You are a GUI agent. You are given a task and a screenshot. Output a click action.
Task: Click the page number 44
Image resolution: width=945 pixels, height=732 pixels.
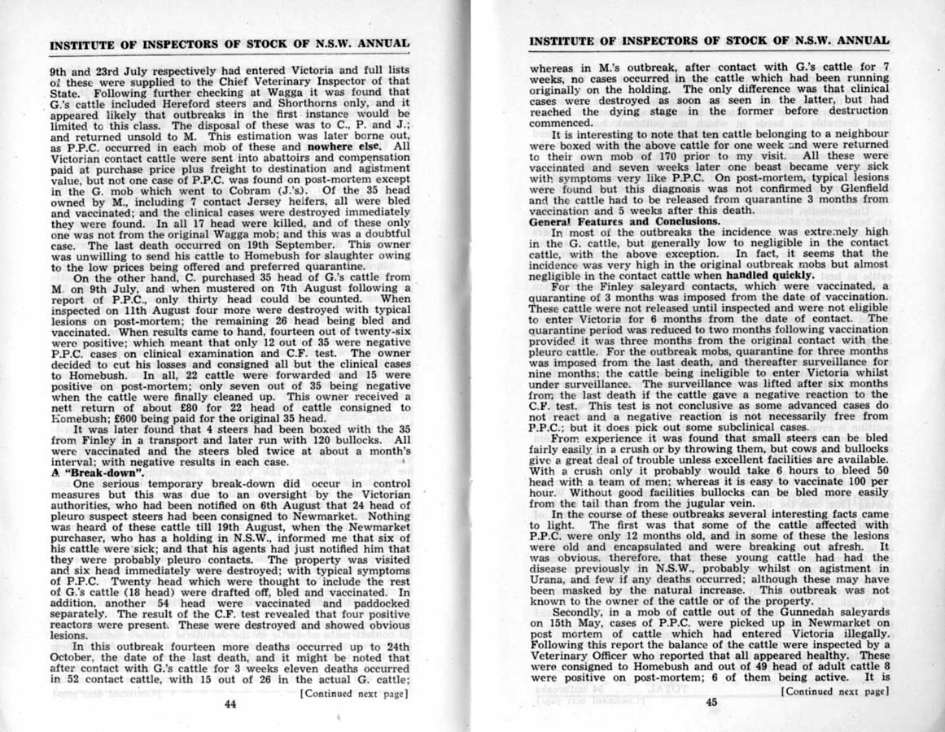coord(229,705)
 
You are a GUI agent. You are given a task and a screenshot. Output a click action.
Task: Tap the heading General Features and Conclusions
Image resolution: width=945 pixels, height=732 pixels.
coord(624,221)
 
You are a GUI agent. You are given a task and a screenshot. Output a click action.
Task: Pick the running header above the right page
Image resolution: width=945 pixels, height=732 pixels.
coord(709,40)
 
